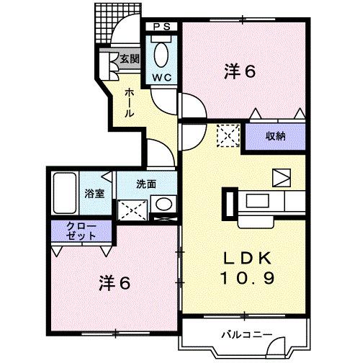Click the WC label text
[160, 77]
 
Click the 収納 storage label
[276, 135]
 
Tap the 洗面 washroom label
[147, 183]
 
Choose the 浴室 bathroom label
[94, 193]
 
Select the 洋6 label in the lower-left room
[115, 282]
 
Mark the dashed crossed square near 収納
[228, 134]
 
